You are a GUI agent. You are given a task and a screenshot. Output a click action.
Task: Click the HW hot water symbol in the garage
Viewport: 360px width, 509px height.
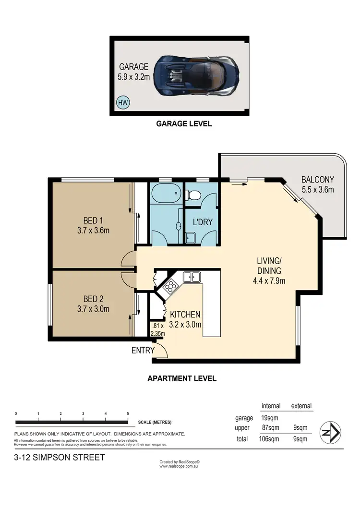123,102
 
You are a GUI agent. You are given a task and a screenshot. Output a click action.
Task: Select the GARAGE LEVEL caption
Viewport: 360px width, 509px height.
184,123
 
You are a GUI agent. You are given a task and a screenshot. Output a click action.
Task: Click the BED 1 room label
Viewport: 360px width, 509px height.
94,220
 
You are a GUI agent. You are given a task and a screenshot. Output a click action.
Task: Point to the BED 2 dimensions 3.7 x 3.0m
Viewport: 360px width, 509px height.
94,309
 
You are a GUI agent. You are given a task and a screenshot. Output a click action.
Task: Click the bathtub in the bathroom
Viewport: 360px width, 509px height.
166,196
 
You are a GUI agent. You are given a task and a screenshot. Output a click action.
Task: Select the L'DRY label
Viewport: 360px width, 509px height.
202,222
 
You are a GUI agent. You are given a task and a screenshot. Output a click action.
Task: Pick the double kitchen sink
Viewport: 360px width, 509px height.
191,277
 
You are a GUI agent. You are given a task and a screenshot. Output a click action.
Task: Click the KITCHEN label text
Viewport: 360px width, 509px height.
185,315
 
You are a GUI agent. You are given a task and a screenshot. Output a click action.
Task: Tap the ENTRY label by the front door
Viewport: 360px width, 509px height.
143,351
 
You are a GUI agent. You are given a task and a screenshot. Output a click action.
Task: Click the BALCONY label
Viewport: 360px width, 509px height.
317,180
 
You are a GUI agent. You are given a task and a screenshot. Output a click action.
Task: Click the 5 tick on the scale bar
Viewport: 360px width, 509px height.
128,413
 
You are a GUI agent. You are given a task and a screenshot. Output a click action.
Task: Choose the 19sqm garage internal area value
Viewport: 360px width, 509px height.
271,418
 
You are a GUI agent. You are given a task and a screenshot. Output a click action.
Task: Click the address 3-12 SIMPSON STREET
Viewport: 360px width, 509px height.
60,457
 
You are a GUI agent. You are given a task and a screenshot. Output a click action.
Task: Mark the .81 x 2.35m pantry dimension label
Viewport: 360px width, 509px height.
157,330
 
